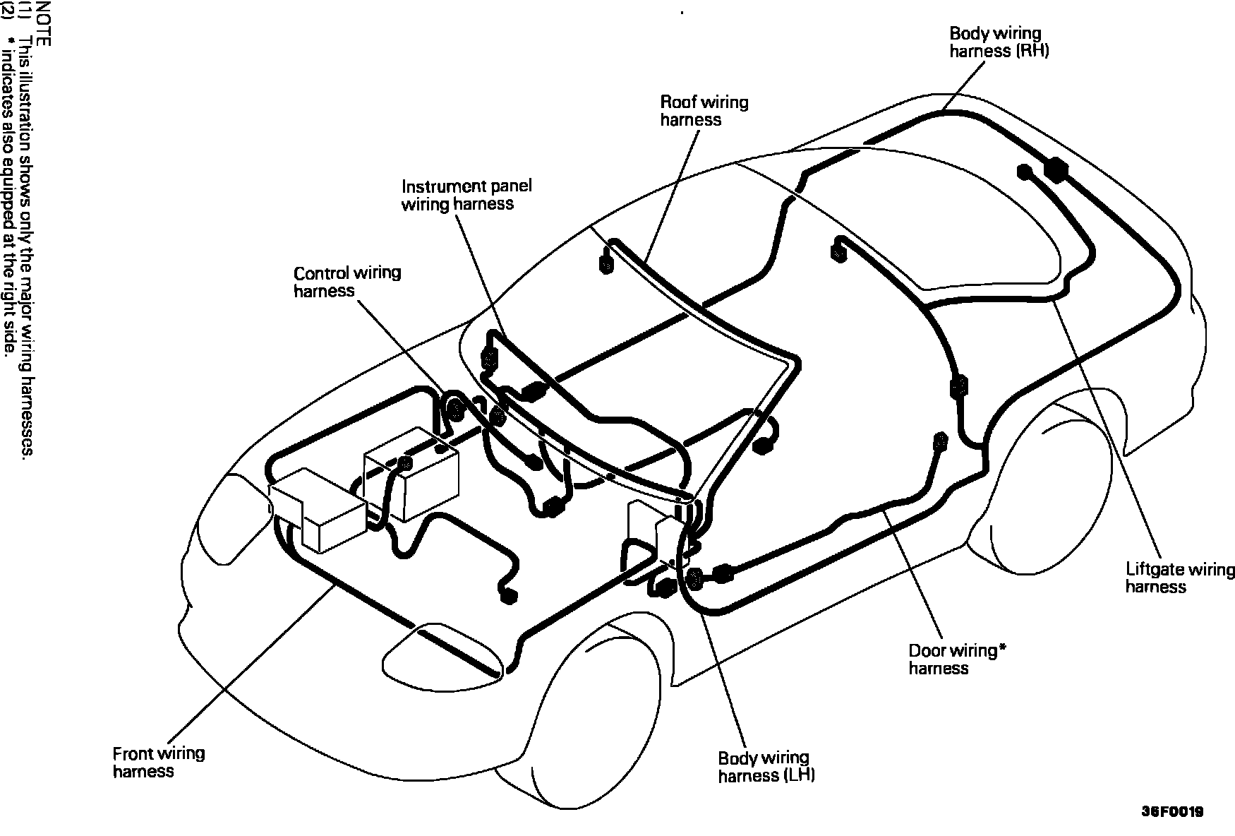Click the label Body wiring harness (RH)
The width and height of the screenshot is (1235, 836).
[999, 42]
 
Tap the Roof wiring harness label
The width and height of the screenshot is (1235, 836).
[703, 111]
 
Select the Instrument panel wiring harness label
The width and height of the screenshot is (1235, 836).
[466, 195]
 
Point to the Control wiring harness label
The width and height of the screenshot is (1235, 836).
[347, 282]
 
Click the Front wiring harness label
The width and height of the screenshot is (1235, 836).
[159, 762]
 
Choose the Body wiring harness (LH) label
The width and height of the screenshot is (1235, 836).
[766, 767]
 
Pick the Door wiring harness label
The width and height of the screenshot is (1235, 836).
[952, 659]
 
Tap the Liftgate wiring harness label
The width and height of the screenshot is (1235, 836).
[1179, 578]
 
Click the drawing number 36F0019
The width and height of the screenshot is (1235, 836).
[1172, 812]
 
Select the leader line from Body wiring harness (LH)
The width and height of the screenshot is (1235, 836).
[727, 678]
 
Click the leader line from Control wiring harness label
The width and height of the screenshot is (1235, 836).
[402, 346]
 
